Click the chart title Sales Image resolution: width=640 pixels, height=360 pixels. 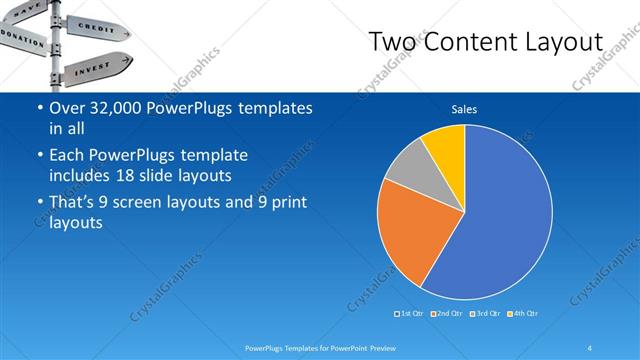coord(464,109)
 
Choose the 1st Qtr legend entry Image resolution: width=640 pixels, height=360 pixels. coord(410,314)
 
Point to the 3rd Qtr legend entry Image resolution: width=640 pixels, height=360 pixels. coord(484,314)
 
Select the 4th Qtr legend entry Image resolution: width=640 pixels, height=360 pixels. coord(523,314)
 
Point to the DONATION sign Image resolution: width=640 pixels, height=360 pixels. coord(22,38)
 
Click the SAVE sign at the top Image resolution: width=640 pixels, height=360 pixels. coord(28,7)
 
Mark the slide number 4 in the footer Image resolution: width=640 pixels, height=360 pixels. coord(589,347)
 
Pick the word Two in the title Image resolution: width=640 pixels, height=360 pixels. coord(392,42)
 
